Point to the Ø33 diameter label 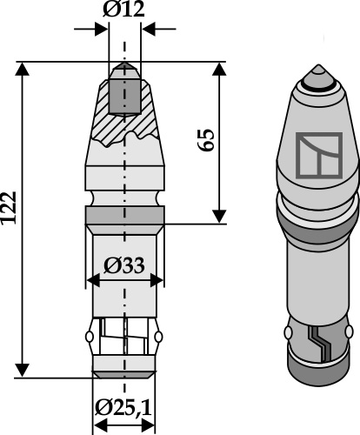click(123, 266)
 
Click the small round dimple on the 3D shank click(288, 333)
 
